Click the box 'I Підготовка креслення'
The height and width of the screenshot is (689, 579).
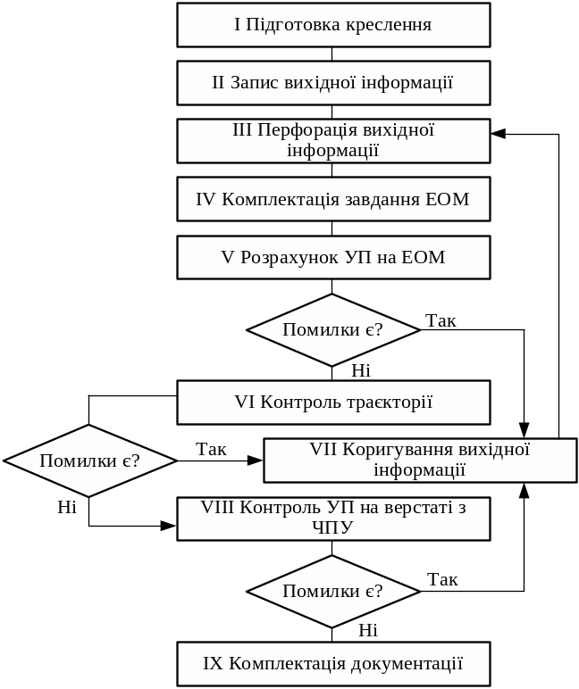(x=333, y=25)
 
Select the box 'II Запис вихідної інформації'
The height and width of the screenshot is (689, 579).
(x=333, y=83)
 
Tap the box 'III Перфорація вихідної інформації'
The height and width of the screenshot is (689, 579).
(x=333, y=141)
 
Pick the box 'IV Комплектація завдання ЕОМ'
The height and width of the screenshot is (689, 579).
(x=333, y=199)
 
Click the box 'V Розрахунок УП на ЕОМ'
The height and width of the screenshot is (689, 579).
(x=333, y=258)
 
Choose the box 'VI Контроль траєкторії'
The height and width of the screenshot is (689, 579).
(x=333, y=403)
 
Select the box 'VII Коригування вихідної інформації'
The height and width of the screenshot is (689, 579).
(x=420, y=460)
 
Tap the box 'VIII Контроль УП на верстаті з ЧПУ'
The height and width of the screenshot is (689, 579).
(x=333, y=519)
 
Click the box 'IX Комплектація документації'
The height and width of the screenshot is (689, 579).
(x=333, y=664)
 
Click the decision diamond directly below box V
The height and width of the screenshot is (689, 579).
(x=333, y=330)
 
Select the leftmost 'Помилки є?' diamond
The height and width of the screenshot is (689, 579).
(x=89, y=461)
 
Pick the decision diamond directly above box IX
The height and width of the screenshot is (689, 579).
(x=333, y=591)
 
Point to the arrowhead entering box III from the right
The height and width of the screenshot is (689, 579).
(x=498, y=134)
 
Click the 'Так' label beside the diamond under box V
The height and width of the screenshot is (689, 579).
(x=441, y=320)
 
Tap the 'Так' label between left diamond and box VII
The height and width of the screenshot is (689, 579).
(x=211, y=449)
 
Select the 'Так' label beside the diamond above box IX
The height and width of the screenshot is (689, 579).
(x=442, y=579)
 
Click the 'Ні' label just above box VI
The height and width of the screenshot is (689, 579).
(x=361, y=370)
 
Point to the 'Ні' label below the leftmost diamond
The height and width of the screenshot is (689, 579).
(x=68, y=508)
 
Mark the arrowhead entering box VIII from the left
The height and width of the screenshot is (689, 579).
(x=169, y=526)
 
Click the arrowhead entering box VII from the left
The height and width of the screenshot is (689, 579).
(x=256, y=461)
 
